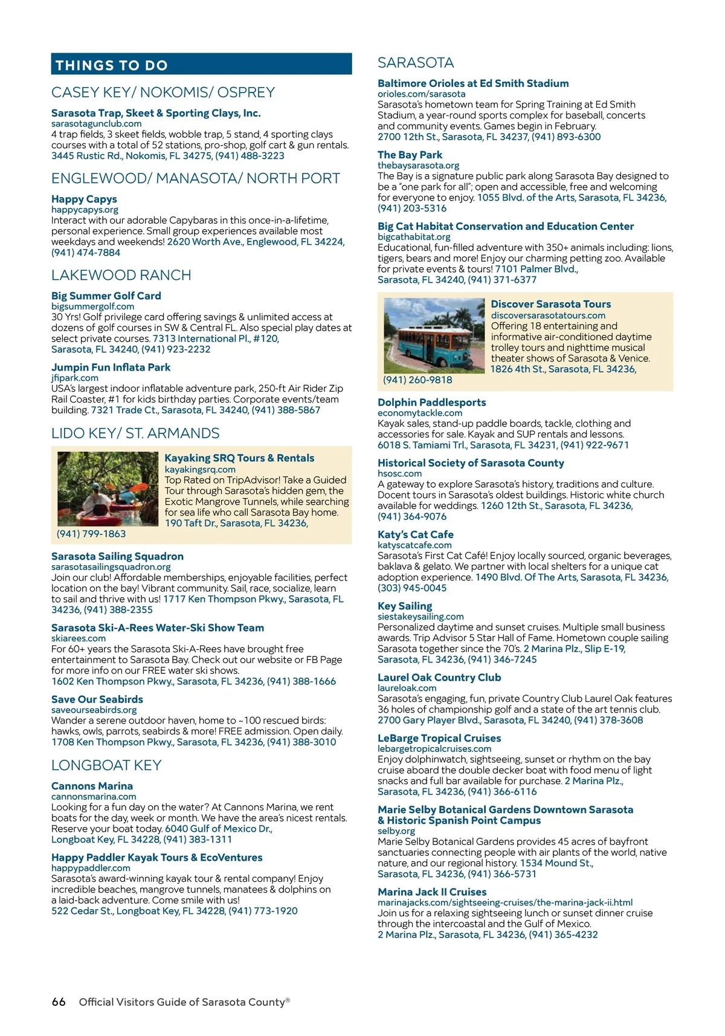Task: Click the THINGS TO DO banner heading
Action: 112,65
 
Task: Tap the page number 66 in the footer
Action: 59,1002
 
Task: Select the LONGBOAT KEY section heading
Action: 106,765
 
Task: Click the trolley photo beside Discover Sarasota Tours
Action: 434,335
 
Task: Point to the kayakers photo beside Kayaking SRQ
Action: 108,489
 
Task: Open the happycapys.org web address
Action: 85,210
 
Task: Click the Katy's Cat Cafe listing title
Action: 415,534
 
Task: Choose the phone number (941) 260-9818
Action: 417,380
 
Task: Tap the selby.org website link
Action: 396,831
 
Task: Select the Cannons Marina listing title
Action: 92,786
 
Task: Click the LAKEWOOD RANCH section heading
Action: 121,275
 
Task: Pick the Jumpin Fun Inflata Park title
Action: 111,367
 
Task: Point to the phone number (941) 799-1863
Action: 91,534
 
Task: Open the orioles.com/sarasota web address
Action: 421,94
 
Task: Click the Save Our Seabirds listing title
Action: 97,699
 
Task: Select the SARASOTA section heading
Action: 416,63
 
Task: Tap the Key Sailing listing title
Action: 405,606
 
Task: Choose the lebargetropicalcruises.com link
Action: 434,749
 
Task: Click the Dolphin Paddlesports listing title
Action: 431,403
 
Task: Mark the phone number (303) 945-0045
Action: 412,588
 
